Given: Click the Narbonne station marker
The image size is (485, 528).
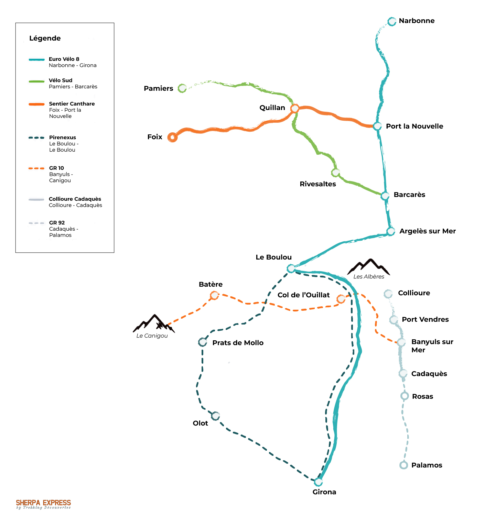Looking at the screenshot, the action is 392,22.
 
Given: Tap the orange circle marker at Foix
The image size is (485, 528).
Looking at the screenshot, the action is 172,137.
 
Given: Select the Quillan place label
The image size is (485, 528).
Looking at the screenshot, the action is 272,108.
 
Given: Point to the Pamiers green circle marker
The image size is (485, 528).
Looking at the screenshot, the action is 182,88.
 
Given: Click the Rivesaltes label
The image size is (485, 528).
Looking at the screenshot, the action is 318,184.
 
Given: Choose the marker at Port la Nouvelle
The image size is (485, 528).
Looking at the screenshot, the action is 377,126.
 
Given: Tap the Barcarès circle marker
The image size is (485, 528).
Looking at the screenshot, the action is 385,196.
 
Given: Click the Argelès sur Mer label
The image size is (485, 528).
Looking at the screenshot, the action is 428,231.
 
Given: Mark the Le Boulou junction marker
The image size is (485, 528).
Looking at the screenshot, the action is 291,268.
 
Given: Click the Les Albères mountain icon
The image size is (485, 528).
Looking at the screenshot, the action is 369,267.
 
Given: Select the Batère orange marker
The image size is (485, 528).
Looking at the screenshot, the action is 214,295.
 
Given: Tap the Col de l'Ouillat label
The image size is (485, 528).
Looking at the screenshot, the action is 304,295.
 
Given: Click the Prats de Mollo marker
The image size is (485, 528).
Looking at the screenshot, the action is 203,342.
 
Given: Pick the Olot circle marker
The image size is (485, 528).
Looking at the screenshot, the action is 215,416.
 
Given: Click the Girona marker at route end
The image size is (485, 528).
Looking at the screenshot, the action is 319,482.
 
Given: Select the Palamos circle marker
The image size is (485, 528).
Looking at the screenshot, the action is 404,465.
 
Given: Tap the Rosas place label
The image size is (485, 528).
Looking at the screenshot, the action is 422,396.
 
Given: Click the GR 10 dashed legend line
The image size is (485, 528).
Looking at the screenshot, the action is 36,168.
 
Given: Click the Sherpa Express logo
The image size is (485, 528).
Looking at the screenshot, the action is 43,504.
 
